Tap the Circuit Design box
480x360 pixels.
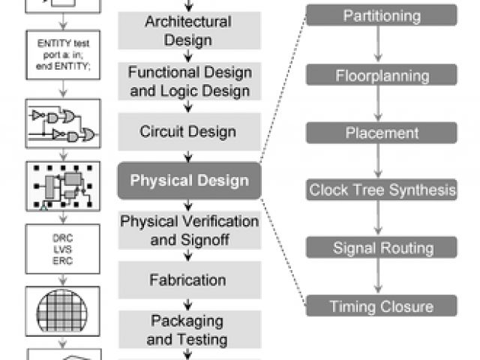click(188, 132)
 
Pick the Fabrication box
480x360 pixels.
click(188, 280)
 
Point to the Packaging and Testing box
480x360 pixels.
click(188, 331)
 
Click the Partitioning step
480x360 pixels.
click(381, 15)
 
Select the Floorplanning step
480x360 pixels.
click(381, 75)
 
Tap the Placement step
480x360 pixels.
click(381, 133)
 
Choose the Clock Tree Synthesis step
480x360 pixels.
click(381, 190)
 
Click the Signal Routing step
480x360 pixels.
click(381, 248)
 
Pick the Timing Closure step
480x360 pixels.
click(381, 306)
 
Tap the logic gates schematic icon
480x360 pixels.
click(64, 125)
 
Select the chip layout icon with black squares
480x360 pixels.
click(64, 184)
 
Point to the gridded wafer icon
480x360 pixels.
click(64, 309)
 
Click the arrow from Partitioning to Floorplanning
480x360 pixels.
click(381, 45)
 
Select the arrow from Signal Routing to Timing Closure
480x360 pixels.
click(381, 277)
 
